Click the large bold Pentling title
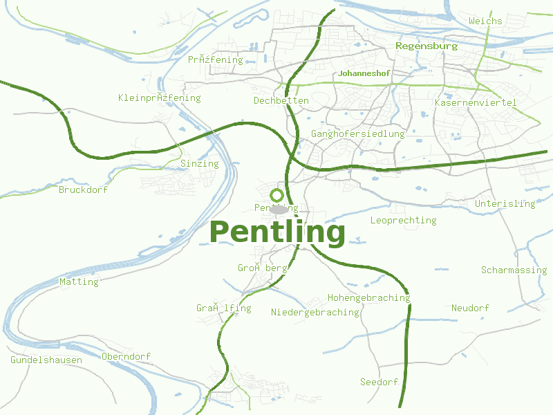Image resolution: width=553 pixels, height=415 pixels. pyautogui.click(x=277, y=232)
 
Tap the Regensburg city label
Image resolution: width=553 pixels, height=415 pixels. pyautogui.click(x=427, y=46)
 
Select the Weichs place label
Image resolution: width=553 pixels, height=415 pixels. pyautogui.click(x=485, y=21)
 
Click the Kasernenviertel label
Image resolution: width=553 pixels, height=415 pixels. pyautogui.click(x=476, y=103)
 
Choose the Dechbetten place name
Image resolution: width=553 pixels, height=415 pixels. pyautogui.click(x=281, y=101)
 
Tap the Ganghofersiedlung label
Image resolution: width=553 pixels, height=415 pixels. pyautogui.click(x=358, y=134)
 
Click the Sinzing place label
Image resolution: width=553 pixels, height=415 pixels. pyautogui.click(x=199, y=164)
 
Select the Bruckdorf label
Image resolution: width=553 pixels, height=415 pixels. pyautogui.click(x=84, y=190)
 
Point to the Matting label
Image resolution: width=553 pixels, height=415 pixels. pyautogui.click(x=79, y=282)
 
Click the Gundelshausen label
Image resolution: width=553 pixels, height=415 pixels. pyautogui.click(x=46, y=360)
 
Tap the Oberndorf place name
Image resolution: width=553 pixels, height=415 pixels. pyautogui.click(x=126, y=357)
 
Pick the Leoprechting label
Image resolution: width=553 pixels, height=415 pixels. pyautogui.click(x=404, y=221)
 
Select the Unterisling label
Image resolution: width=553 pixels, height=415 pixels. pyautogui.click(x=505, y=204)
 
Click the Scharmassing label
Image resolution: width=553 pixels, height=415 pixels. pyautogui.click(x=514, y=270)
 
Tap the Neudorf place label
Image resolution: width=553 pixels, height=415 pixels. pyautogui.click(x=470, y=308)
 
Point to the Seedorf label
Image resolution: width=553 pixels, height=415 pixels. pyautogui.click(x=379, y=382)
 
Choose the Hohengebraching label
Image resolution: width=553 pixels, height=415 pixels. pyautogui.click(x=368, y=298)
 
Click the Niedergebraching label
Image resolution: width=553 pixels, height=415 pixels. pyautogui.click(x=315, y=313)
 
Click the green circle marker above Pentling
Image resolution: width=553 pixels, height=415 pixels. pyautogui.click(x=277, y=196)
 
